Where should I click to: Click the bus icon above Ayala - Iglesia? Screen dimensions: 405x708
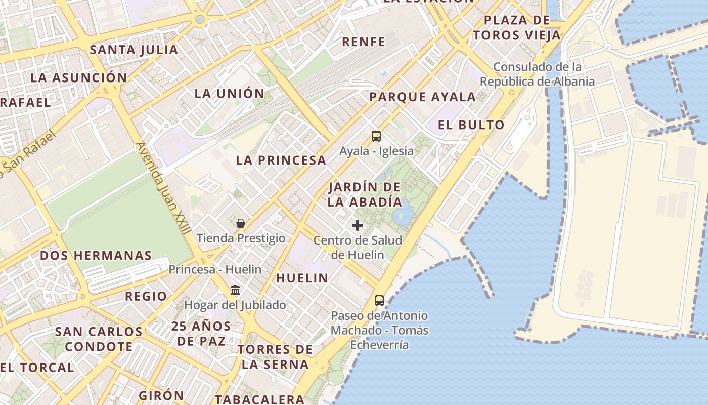[x=376, y=136]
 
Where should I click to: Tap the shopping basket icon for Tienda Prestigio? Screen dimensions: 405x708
[x=241, y=223]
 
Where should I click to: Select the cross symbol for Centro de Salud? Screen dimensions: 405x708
[x=358, y=225]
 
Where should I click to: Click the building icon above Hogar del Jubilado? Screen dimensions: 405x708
[x=235, y=290]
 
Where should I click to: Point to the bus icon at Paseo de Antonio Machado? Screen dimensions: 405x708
[x=379, y=300]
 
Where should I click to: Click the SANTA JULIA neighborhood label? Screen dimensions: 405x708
[x=134, y=50]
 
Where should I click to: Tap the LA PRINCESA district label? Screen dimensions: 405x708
[x=281, y=160]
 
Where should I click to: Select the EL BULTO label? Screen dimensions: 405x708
[x=471, y=125]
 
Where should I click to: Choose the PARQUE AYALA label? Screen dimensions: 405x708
[x=422, y=97]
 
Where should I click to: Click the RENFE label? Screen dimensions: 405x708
[x=364, y=42]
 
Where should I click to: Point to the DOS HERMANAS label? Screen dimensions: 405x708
[x=96, y=255]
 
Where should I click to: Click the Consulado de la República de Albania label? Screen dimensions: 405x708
[x=537, y=74]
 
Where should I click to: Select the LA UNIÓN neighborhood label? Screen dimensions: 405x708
[x=230, y=93]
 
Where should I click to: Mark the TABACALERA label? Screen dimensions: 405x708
[x=259, y=399]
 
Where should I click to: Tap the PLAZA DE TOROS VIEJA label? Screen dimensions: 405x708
[x=517, y=28]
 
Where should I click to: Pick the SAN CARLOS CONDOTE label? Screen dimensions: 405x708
[x=99, y=339]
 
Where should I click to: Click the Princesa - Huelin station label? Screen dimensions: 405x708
[x=215, y=269]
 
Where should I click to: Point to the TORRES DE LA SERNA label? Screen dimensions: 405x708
[x=275, y=357]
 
